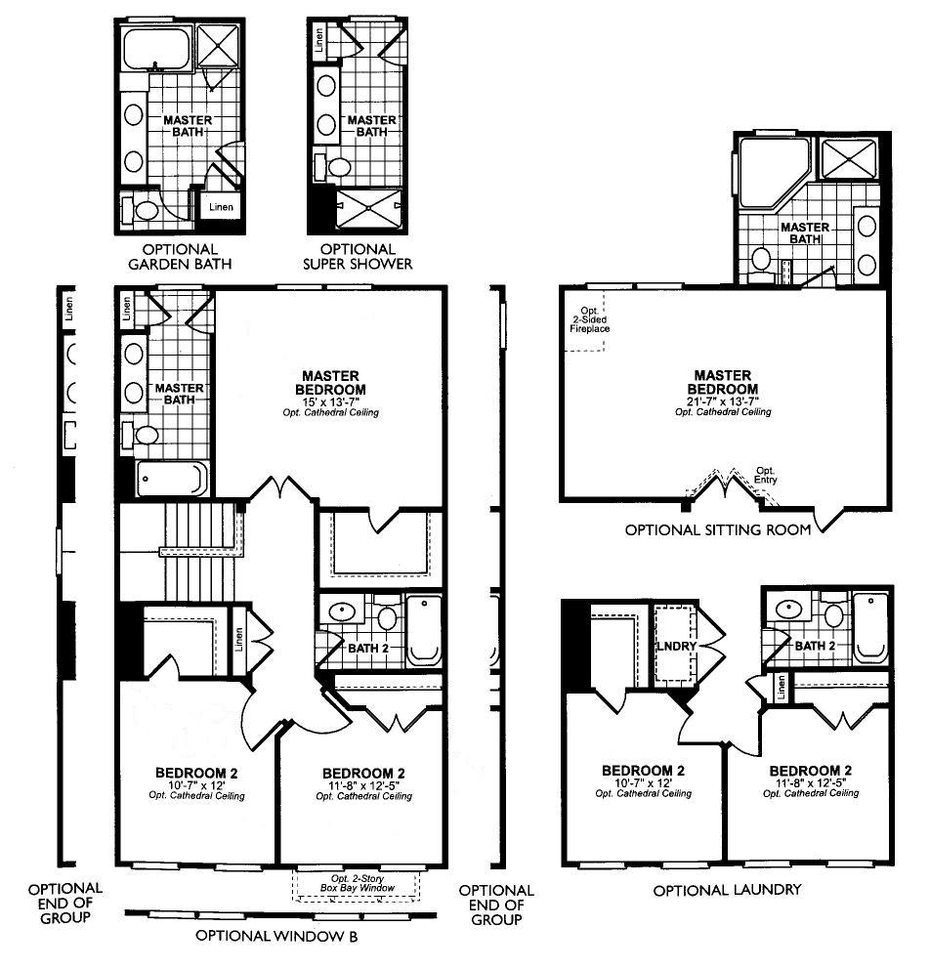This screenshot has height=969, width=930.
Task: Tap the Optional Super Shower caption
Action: [x=359, y=256]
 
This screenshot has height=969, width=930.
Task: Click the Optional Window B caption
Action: [x=276, y=936]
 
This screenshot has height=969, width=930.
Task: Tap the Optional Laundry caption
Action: [x=727, y=890]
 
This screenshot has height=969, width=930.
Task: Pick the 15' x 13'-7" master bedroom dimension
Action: [x=330, y=400]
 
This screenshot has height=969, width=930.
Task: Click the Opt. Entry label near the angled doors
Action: [x=765, y=475]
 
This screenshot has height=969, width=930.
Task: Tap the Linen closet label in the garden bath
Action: [x=221, y=207]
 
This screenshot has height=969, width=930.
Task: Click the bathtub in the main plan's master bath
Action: [x=171, y=480]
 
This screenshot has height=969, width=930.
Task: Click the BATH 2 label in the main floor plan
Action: [x=368, y=646]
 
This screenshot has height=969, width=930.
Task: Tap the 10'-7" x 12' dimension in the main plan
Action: [x=196, y=785]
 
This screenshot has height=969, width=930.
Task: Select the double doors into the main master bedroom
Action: [x=284, y=485]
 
